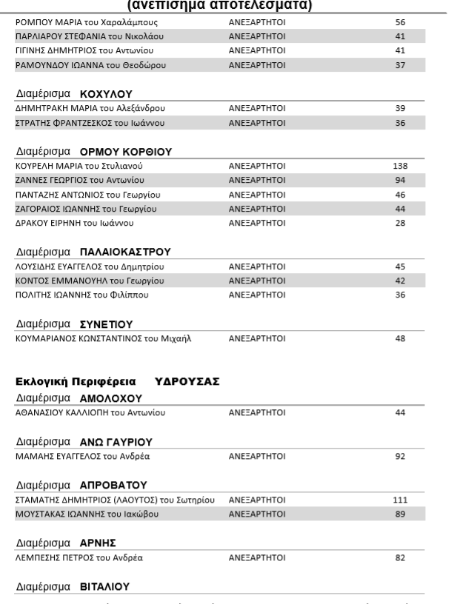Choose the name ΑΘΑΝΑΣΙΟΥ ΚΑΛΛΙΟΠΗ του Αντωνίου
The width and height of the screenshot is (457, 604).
click(x=90, y=412)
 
